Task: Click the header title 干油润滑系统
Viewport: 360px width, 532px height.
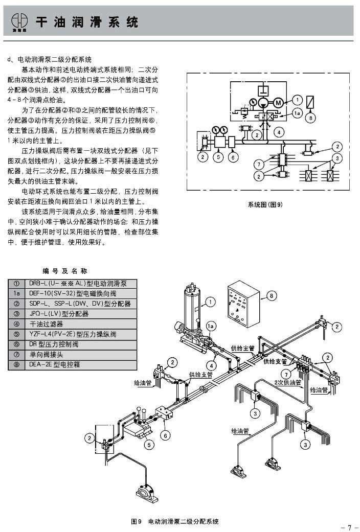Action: point(86,22)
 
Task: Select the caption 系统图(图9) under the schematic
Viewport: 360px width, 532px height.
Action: point(265,204)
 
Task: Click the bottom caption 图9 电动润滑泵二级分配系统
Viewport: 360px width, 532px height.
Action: point(175,522)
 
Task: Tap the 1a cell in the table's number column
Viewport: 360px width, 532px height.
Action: point(16,293)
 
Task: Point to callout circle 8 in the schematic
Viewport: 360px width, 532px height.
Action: point(310,118)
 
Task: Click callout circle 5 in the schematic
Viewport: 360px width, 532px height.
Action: point(218,157)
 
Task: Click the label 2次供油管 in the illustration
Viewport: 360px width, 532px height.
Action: point(285,382)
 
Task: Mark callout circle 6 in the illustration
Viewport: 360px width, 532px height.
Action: point(165,435)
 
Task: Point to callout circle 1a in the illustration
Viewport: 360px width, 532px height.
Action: point(211,326)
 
